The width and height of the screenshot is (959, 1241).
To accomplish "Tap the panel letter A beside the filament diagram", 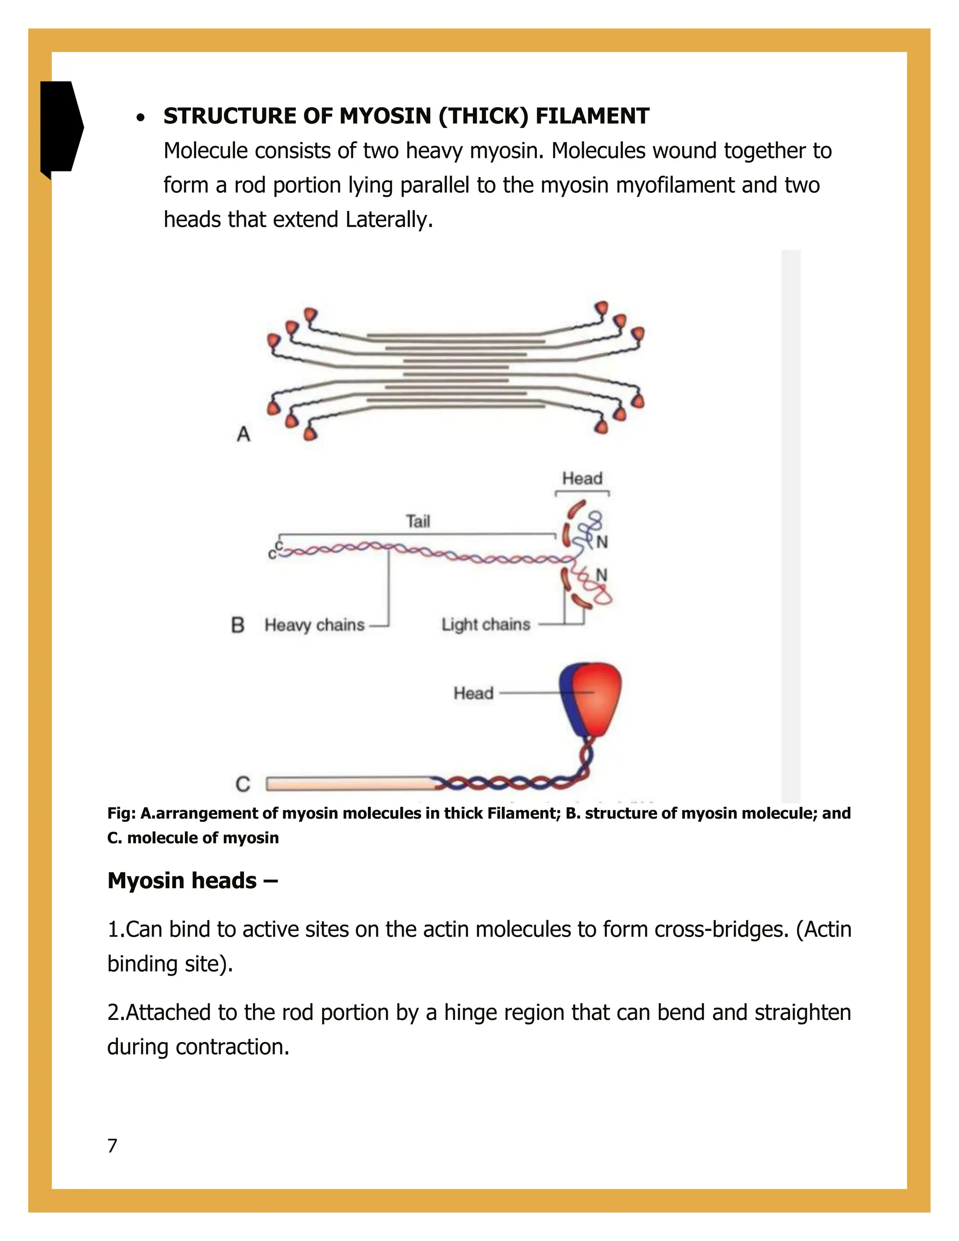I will [243, 434].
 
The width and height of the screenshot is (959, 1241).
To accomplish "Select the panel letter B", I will [238, 625].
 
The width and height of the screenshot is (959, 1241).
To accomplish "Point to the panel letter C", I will [243, 784].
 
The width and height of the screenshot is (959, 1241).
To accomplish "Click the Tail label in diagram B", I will [418, 521].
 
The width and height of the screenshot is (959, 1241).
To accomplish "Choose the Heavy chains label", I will [314, 625].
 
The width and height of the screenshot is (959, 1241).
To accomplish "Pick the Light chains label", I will [486, 624].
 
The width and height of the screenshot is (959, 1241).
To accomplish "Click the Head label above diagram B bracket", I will [582, 479].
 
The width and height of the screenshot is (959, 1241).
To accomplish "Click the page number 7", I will [112, 1145].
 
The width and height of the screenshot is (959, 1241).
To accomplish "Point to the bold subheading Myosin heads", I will [192, 880].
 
